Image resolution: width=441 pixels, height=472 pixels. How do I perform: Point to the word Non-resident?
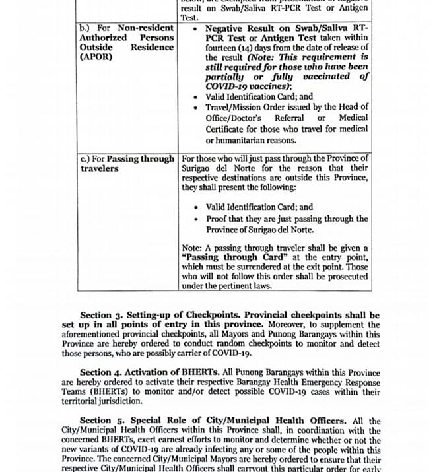[x=146, y=28]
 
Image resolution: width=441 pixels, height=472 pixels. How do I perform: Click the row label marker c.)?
[x=86, y=159]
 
